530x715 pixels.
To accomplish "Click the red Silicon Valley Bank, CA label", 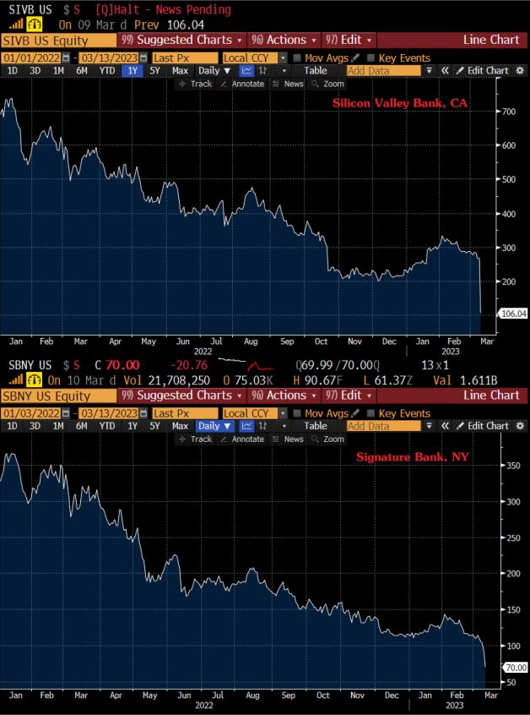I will pos(399,103).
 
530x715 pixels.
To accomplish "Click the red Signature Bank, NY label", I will pos(413,457).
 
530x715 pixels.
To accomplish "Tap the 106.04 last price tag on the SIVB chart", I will pos(513,314).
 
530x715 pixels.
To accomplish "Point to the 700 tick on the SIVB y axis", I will pos(508,112).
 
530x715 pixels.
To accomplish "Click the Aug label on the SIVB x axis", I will pos(251,341).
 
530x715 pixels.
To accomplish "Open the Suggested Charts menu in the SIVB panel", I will pos(181,40).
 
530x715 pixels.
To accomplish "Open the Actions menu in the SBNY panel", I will pos(285,395).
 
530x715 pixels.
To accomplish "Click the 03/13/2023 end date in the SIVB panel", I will pos(112,57).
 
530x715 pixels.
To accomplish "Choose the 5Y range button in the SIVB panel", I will pos(154,71).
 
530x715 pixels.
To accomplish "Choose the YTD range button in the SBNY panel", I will pos(107,426).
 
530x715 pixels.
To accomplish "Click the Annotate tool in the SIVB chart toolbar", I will pos(243,84).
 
